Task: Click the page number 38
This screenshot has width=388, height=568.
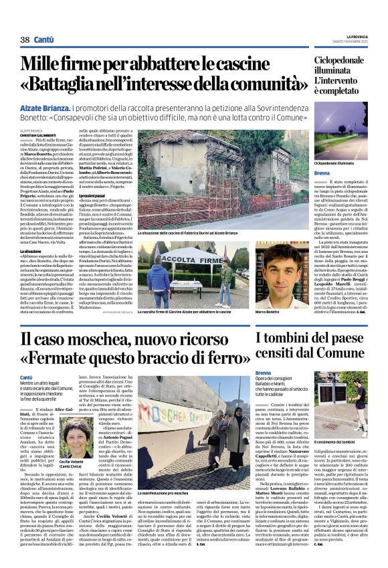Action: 25,40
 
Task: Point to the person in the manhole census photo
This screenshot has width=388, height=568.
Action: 360,416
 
